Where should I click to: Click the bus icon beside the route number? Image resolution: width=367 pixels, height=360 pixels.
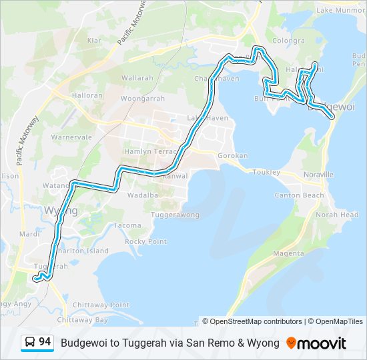[30, 343]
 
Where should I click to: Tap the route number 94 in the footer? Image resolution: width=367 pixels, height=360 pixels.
[45, 342]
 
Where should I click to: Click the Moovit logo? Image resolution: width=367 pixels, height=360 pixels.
[316, 343]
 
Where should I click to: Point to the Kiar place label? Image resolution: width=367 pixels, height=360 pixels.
[93, 41]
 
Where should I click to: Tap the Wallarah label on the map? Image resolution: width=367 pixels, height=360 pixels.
[137, 78]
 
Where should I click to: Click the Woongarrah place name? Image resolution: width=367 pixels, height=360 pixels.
[142, 99]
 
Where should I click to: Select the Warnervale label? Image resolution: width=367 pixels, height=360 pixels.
[71, 137]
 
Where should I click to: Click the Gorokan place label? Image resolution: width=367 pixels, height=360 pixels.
[233, 155]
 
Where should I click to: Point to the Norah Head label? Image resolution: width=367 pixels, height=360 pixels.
[337, 215]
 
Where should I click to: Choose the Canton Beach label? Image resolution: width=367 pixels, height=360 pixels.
[300, 195]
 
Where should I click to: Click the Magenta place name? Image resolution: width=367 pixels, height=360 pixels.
[288, 254]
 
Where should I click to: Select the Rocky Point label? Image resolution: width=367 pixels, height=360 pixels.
[145, 241]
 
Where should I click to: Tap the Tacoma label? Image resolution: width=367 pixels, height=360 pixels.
[127, 225]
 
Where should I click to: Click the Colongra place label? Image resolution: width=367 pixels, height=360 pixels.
[288, 41]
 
